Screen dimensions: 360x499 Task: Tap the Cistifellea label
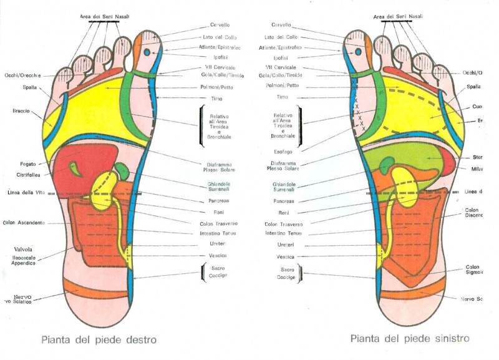click(29, 175)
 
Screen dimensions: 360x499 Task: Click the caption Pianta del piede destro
click(99, 340)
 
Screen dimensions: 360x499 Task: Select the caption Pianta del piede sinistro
click(409, 339)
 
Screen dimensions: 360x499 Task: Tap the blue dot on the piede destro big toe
click(147, 53)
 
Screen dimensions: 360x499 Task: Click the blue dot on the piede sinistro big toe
click(359, 52)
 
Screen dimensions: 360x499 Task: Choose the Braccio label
click(22, 112)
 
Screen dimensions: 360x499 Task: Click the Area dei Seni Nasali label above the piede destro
click(104, 16)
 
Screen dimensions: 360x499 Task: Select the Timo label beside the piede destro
click(213, 99)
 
